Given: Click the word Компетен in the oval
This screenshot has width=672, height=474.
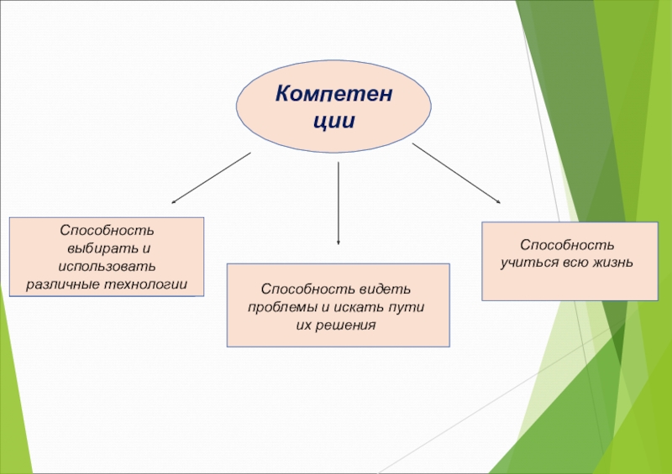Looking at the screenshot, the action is [x=334, y=92].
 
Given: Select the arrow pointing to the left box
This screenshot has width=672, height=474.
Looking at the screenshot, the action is [x=212, y=178].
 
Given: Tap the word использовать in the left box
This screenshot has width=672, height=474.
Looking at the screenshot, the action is [x=107, y=266].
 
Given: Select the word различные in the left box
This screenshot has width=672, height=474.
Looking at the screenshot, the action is [x=61, y=284].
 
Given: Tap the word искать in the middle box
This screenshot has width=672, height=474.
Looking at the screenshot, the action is [x=358, y=306].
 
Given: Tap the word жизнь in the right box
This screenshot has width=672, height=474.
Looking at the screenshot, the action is [x=611, y=263].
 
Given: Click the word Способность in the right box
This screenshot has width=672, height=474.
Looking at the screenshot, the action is [x=569, y=245].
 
